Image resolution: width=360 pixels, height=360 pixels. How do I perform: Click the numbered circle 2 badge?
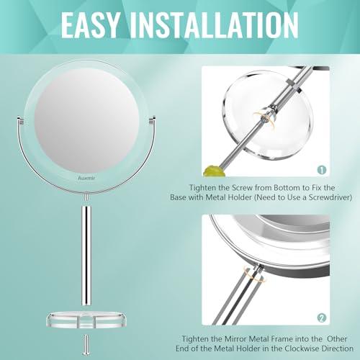click(322, 317)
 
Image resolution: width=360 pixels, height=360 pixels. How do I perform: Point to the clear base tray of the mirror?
click(86, 318)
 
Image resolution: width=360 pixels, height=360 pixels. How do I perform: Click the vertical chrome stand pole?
click(86, 252)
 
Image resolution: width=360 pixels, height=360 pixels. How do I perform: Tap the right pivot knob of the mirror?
click(153, 118)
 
